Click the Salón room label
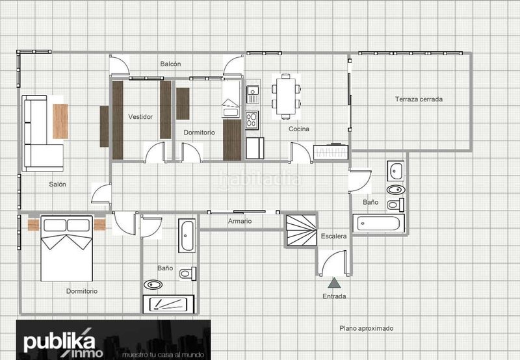pos(57,185)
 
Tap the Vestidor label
pos(140,117)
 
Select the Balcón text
pos(170,64)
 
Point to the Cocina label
pos(299,129)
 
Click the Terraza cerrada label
pos(419,99)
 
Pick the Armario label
pos(240,221)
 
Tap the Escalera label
pos(333,237)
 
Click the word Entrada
pos(334,296)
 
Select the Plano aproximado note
pos(367,328)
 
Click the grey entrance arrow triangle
pos(334,283)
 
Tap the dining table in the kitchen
pos(286,96)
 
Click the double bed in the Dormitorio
pos(67,249)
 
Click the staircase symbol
pos(301,231)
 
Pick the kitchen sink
pos(253,94)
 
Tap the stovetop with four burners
pos(252,120)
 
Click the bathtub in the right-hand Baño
pos(378,224)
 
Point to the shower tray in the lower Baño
pos(168,304)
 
